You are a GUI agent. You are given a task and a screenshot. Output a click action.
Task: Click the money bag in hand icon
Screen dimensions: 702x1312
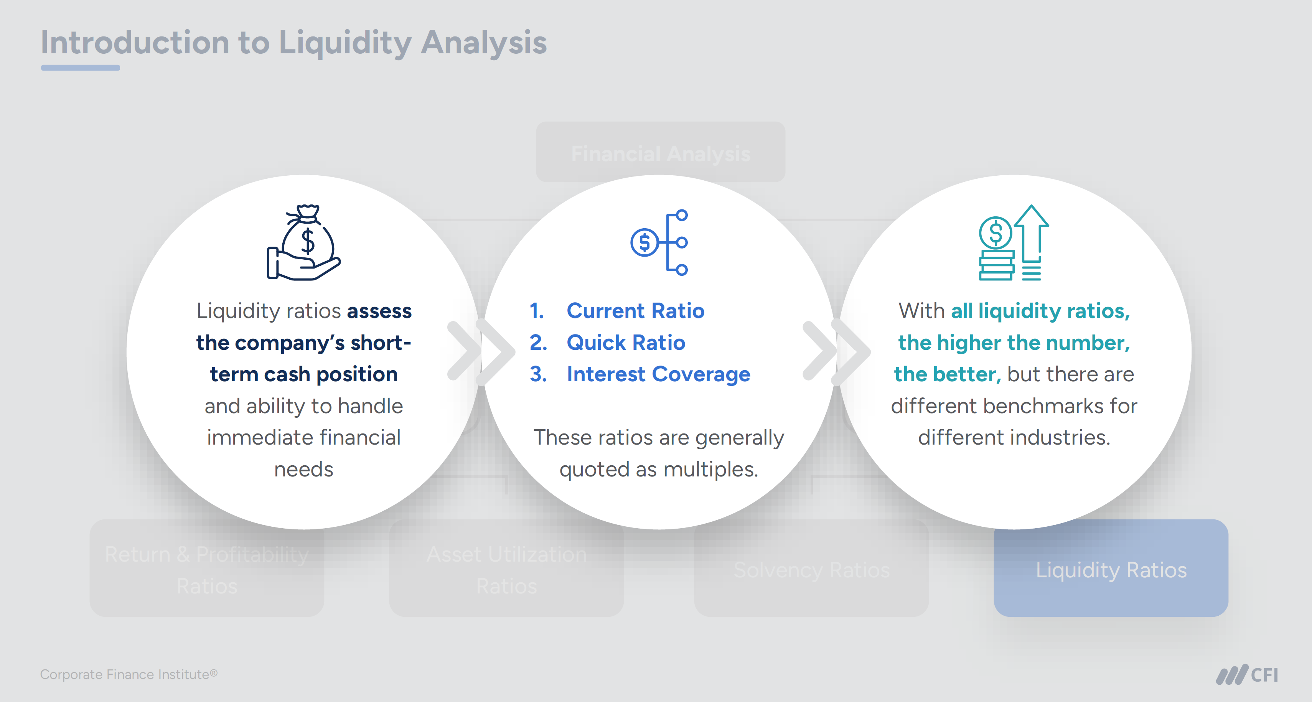304,242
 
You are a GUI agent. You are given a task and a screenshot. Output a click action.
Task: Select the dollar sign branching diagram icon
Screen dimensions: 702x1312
659,242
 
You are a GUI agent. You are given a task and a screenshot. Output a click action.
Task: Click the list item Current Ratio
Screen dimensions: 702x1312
635,311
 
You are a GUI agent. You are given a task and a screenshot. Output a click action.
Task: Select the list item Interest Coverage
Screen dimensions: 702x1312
658,374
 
